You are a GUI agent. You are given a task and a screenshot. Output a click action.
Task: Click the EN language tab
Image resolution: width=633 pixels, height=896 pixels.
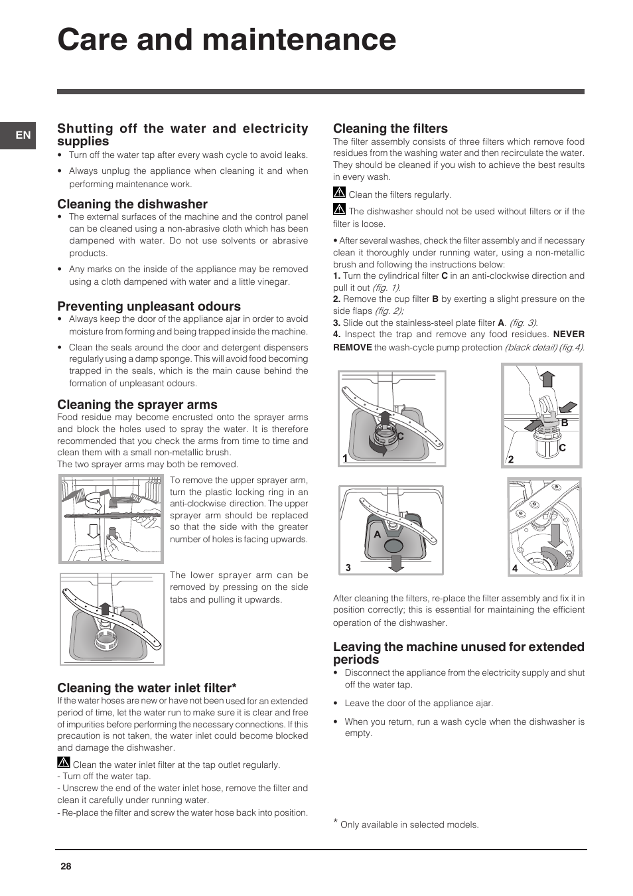[23, 135]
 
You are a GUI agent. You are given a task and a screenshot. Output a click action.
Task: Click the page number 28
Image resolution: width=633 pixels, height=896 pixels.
[66, 866]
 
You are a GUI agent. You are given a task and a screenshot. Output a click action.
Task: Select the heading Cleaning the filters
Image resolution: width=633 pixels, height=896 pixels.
[390, 129]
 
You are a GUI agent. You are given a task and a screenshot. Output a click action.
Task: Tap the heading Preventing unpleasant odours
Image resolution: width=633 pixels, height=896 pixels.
[149, 307]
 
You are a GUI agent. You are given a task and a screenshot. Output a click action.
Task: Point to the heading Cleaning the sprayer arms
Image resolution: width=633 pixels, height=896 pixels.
[137, 405]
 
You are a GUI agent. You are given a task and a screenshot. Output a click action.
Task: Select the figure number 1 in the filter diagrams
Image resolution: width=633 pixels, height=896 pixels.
[345, 459]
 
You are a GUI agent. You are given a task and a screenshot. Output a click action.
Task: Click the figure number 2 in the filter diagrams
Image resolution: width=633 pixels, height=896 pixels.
[511, 459]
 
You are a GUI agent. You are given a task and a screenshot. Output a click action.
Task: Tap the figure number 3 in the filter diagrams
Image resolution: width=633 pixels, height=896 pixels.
[348, 568]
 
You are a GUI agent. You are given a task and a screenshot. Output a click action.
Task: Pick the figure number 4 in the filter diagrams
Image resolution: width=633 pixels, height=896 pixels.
[515, 569]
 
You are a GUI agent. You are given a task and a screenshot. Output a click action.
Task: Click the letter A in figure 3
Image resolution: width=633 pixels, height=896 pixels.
[377, 534]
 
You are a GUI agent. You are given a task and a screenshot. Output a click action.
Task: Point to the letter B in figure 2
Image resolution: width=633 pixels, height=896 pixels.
[565, 423]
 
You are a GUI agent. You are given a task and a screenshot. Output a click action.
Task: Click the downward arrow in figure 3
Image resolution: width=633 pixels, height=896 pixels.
[396, 563]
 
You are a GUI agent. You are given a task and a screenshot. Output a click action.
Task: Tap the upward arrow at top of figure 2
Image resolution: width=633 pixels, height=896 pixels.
[547, 379]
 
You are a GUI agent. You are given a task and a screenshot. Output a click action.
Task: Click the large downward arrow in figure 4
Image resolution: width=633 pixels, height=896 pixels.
[555, 534]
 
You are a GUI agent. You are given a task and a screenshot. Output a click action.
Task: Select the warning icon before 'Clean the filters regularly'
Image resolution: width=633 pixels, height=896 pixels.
[339, 193]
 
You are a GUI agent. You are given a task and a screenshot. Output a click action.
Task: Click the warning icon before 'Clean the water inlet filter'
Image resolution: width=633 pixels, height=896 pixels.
[64, 763]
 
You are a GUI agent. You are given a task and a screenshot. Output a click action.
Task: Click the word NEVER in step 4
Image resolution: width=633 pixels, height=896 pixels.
[569, 335]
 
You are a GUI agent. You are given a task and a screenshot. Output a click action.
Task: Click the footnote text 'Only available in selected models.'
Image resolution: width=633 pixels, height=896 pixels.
[409, 825]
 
